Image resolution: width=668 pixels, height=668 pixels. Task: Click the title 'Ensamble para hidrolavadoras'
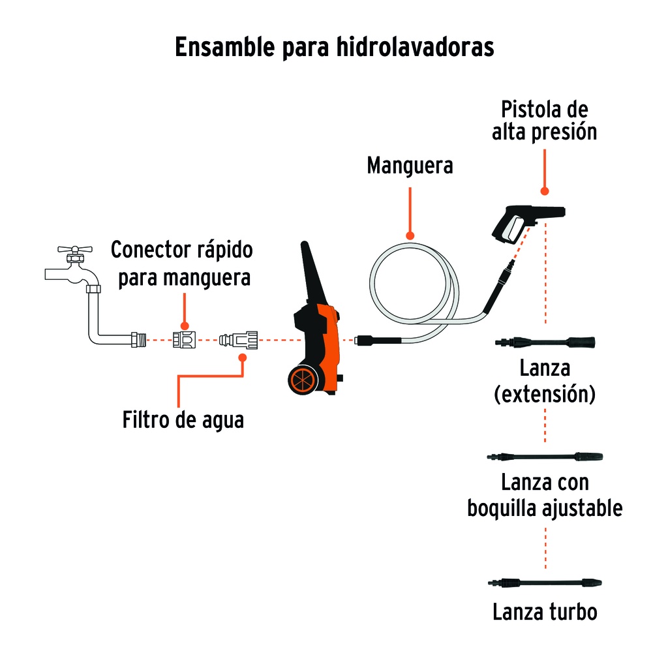334,48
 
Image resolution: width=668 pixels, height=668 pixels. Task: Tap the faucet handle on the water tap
73,250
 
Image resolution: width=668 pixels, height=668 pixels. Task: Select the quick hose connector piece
183,340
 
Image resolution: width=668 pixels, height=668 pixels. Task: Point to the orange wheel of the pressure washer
303,380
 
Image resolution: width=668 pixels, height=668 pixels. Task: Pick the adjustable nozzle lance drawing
545,456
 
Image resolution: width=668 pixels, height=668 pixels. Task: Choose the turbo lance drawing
545,582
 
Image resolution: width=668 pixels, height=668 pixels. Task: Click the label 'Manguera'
410,165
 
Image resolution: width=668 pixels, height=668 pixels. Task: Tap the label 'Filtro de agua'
183,419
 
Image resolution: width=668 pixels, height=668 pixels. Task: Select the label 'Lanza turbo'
545,613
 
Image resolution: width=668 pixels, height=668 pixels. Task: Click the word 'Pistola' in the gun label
529,108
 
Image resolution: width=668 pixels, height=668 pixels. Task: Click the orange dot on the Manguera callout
410,235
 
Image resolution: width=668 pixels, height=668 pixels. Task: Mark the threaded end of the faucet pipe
138,340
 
